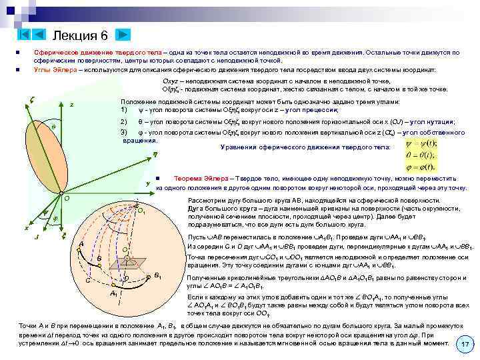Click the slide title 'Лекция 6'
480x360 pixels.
coord(79,35)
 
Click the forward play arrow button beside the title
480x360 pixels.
coord(124,35)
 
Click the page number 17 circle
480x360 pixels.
coord(465,345)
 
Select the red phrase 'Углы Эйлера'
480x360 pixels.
coord(53,69)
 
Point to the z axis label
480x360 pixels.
coord(72,105)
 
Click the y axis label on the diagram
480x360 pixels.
coord(147,183)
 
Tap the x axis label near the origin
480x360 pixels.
coord(26,227)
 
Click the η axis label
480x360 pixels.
coord(155,153)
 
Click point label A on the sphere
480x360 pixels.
coord(81,245)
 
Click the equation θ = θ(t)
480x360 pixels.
coord(421,155)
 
